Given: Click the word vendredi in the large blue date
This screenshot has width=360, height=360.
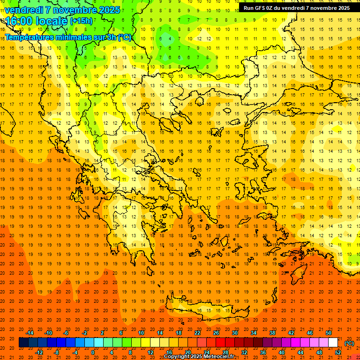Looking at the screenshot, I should pyautogui.click(x=24, y=9).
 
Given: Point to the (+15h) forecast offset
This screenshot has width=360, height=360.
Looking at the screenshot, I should pyautogui.click(x=81, y=21).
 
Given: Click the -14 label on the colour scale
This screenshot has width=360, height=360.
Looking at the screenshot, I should pyautogui.click(x=30, y=333).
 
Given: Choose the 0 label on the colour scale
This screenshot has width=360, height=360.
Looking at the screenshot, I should pyautogui.click(x=93, y=352).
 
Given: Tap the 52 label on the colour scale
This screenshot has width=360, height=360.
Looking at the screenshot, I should pyautogui.click(x=338, y=352).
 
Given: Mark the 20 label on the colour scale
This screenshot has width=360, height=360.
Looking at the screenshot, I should pyautogui.click(x=187, y=352).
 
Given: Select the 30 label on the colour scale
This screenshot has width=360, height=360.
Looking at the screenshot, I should pyautogui.click(x=234, y=333).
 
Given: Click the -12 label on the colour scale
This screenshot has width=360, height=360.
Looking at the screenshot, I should pyautogui.click(x=39, y=352).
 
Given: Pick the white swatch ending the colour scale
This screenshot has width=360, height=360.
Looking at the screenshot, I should pyautogui.click(x=333, y=343).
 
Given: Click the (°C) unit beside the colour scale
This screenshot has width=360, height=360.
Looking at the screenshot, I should pyautogui.click(x=349, y=343).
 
